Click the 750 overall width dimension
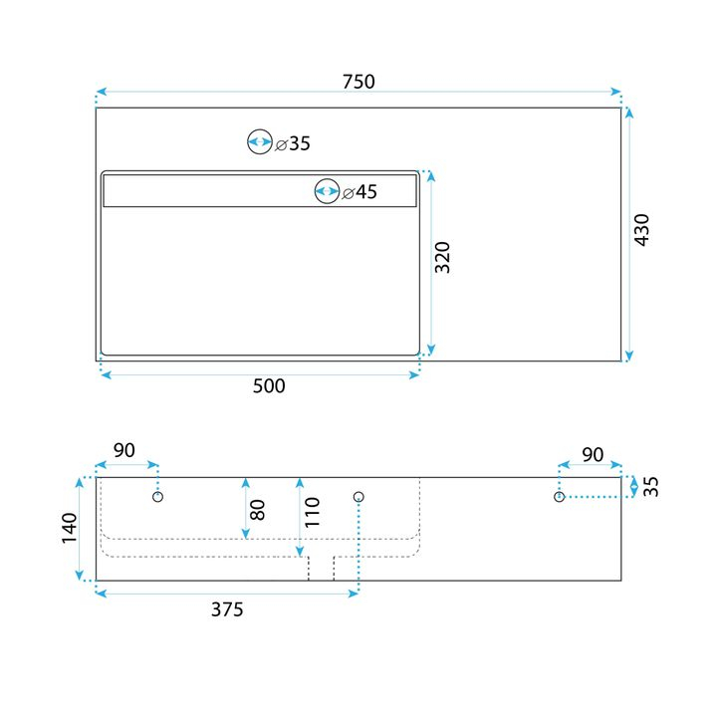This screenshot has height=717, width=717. point(358,82)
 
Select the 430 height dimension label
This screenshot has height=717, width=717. point(641,230)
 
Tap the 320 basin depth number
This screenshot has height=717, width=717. point(443,257)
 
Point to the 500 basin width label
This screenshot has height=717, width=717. point(268,385)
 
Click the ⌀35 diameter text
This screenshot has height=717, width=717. point(293,143)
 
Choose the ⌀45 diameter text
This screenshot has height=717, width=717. point(359,192)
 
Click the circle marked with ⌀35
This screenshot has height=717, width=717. point(260,142)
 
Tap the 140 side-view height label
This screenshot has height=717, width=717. point(69,528)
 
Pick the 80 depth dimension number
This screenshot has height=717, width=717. point(258,510)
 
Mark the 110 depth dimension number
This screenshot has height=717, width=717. point(313,512)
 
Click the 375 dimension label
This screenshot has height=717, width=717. point(227,609)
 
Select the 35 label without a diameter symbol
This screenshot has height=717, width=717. point(651,486)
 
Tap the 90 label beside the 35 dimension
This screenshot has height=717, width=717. point(592,454)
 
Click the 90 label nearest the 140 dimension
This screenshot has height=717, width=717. point(123,450)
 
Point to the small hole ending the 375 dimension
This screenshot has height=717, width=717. point(359,496)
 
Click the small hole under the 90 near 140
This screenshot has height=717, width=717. point(157,496)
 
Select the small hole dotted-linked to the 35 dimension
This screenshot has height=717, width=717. point(560,496)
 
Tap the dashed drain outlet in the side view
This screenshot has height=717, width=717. point(321,567)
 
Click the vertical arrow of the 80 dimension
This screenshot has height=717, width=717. point(245,508)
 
